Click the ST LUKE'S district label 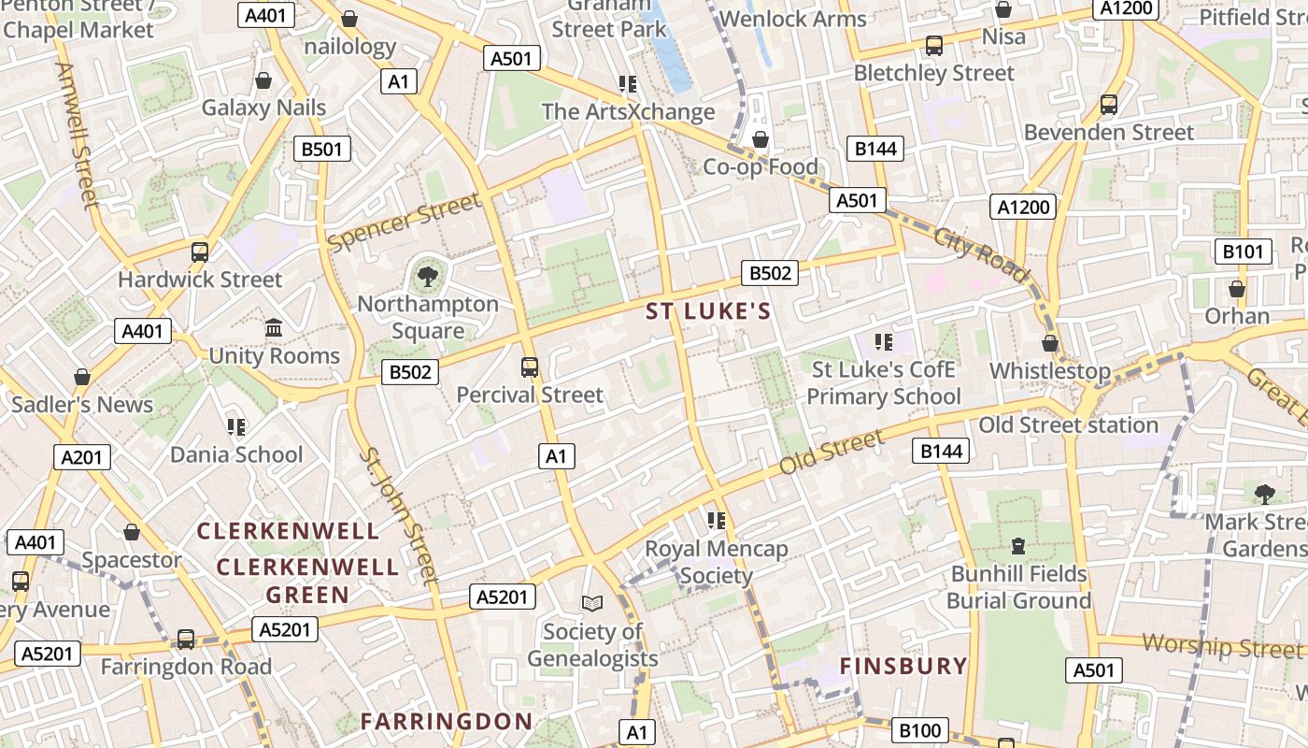click(x=709, y=312)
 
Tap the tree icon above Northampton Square click(x=427, y=276)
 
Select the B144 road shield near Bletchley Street click(x=875, y=149)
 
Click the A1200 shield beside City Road click(x=1023, y=207)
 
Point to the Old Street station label click(x=1068, y=425)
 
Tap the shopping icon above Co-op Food click(x=761, y=139)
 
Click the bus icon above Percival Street click(x=530, y=367)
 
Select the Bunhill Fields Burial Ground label click(x=1018, y=586)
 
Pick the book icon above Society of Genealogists click(x=592, y=603)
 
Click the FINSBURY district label click(x=903, y=666)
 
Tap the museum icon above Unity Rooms click(x=274, y=328)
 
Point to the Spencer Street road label click(x=405, y=222)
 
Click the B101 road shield click(x=1243, y=252)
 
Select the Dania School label click(x=236, y=454)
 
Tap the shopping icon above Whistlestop click(x=1050, y=343)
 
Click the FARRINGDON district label click(x=447, y=721)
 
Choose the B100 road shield click(x=921, y=730)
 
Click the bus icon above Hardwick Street click(x=199, y=252)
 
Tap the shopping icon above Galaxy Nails click(x=263, y=80)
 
